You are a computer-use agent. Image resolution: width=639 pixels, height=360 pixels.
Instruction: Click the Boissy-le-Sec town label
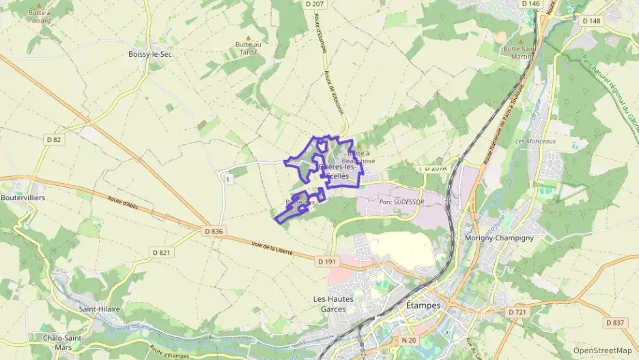[150, 54]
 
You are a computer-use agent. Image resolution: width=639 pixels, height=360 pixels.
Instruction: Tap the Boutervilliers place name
[23, 197]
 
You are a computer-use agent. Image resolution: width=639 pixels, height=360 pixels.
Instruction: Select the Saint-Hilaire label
[100, 309]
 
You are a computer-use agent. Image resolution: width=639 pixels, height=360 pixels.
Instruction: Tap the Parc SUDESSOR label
[401, 202]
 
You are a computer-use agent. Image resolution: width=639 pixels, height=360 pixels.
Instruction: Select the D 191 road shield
[327, 262]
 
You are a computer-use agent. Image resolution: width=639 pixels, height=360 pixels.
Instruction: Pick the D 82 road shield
[54, 140]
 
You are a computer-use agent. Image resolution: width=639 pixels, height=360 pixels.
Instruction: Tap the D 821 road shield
[160, 253]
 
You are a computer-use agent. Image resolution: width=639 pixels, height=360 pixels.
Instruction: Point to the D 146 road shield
[530, 4]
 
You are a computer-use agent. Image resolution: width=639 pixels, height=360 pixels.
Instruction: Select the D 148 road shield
[591, 20]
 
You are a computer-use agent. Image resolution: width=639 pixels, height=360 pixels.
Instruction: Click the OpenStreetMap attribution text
[602, 350]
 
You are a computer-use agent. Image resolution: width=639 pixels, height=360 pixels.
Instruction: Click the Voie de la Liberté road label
[272, 249]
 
